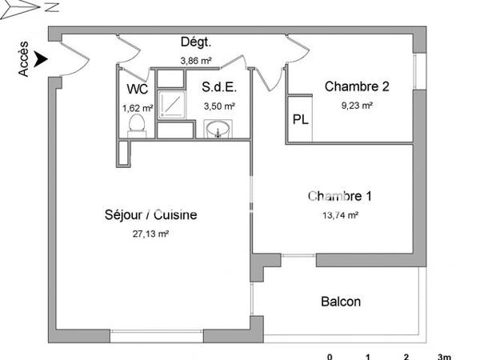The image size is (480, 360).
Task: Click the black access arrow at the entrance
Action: point(42,58)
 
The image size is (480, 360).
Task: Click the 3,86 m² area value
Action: point(195,60)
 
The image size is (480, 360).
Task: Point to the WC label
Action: point(135,90)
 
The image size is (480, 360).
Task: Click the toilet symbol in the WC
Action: point(136,124)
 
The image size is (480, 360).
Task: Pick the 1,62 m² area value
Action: point(137,107)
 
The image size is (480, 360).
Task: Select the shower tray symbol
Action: point(170,103)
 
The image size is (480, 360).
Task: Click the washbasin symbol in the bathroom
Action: point(218,129)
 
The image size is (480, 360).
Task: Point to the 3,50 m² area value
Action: point(218,106)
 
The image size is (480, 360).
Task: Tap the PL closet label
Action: point(300,120)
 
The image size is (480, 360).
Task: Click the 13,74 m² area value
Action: point(340,214)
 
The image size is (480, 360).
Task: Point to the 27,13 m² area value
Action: point(150,234)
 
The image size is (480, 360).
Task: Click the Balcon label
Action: point(341,302)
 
